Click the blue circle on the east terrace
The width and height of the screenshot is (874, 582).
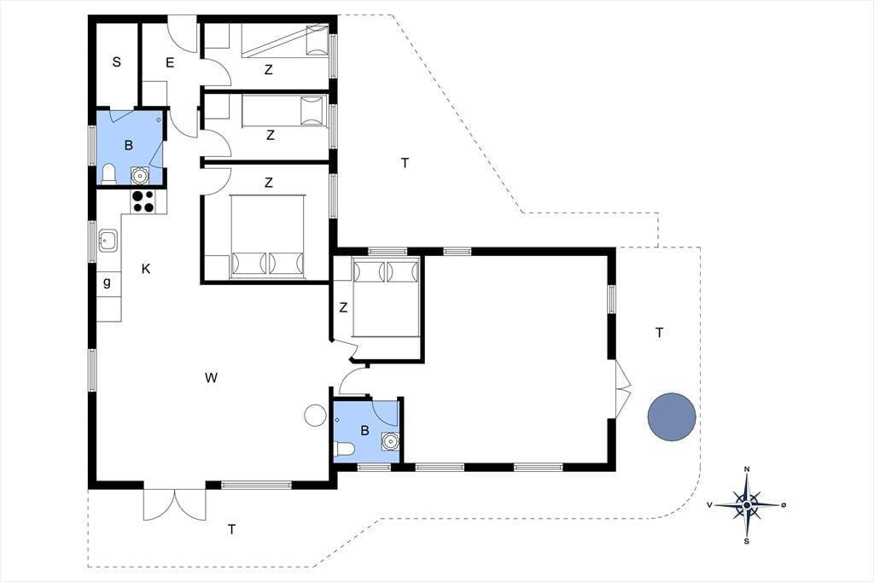pos(672,417)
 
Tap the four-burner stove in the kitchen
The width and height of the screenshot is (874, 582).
pos(143,201)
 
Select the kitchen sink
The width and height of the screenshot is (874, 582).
pos(108,241)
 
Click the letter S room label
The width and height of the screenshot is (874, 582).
pos(116,62)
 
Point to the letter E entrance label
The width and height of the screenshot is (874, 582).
pos(170,62)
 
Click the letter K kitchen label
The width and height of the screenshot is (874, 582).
pos(146,270)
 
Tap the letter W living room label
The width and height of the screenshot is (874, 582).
pos(211,378)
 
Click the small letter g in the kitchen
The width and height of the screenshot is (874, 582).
pos(107,282)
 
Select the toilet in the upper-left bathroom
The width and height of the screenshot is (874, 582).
pos(108,174)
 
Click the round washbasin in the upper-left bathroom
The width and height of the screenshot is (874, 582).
pos(139,176)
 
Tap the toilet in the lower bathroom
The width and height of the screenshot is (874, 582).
pos(343,450)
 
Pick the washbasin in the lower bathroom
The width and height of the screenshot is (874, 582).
pos(391,441)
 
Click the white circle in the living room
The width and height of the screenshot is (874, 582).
pos(315,416)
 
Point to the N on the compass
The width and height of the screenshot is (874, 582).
pos(747,469)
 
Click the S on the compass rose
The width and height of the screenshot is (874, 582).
pos(747,541)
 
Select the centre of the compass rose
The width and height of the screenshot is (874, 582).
pos(747,505)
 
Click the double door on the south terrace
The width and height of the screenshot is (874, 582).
pos(174,504)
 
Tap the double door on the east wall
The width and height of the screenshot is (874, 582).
pos(622,387)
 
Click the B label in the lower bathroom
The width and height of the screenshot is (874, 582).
pos(365,430)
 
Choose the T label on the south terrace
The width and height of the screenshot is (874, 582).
pos(232,529)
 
